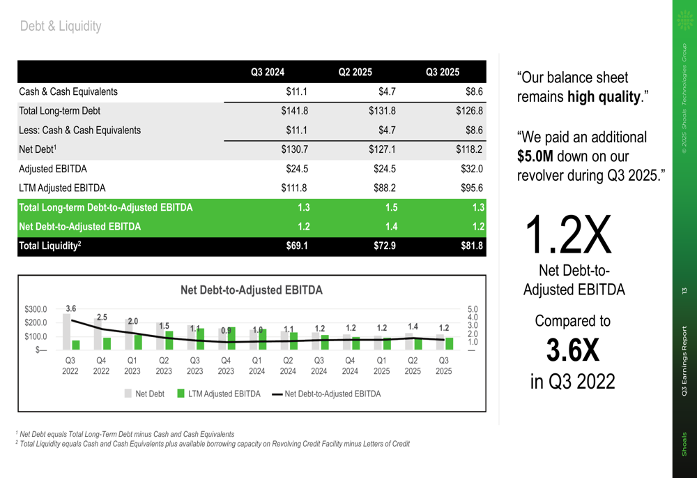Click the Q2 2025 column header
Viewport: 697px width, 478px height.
tap(355, 72)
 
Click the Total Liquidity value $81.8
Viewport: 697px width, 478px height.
tap(470, 246)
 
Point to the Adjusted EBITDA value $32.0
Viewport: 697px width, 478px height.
tap(471, 169)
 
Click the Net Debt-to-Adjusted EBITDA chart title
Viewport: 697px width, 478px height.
tap(252, 290)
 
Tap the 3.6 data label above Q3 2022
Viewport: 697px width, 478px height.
tap(70, 308)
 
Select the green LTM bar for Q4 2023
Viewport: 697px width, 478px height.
tap(231, 338)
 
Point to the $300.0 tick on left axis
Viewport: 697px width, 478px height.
tap(36, 309)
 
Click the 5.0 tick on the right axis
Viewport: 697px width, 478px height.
tap(472, 309)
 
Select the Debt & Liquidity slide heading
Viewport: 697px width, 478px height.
tap(61, 27)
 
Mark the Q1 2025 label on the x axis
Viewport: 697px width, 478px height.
tap(382, 366)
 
